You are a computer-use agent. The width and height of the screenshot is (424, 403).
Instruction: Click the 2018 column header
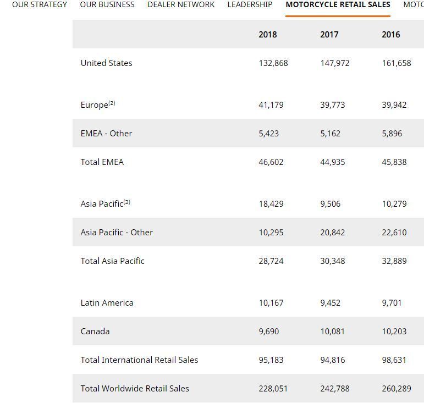coord(268,35)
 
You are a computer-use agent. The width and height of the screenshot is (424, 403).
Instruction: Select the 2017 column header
coord(329,35)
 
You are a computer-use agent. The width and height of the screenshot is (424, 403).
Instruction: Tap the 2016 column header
coord(391,35)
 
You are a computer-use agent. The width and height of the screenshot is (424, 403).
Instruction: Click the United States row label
coord(106,63)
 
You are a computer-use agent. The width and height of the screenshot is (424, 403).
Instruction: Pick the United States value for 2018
coord(273,63)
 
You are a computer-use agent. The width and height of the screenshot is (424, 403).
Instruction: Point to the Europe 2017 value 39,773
coord(333,105)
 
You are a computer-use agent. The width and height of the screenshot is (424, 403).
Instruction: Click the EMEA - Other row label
coord(106,134)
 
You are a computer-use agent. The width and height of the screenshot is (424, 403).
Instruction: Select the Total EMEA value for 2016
coord(394,162)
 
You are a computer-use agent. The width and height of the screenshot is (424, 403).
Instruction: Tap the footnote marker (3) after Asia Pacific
coord(127,202)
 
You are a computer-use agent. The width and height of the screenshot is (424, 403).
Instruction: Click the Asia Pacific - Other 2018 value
coord(271,233)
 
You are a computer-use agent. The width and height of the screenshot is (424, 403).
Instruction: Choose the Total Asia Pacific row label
coord(112,261)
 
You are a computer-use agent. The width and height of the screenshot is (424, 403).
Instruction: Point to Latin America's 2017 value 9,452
coord(331,303)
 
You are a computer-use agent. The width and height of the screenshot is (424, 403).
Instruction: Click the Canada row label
coord(95,332)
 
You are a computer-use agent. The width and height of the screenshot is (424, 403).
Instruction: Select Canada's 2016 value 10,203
coord(394,332)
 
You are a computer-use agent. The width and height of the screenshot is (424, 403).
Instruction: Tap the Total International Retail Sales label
coord(139,360)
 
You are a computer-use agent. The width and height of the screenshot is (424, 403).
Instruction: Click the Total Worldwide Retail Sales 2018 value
coord(273,389)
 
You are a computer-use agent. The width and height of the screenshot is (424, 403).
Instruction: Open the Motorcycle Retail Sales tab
coord(338,4)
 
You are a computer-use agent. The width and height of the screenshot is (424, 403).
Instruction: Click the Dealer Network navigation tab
coord(181,4)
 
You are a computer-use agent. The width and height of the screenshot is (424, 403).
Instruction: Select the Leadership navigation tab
coord(250,4)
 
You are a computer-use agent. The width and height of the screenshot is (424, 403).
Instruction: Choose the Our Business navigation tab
coord(107,4)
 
